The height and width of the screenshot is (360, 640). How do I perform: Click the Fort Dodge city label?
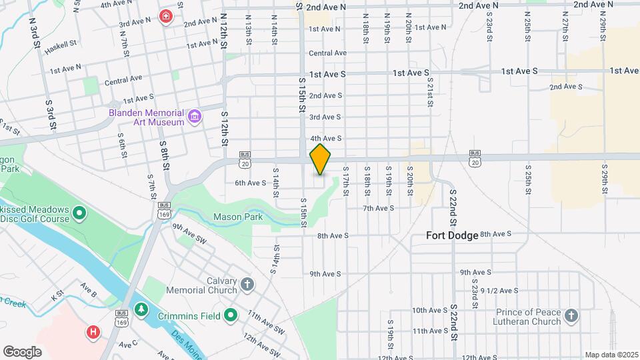[x=453, y=236]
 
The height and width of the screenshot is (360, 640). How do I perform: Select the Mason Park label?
[x=238, y=217]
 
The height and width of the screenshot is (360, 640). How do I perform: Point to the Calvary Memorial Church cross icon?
[x=247, y=285]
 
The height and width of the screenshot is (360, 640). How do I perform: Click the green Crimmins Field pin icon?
[x=231, y=315]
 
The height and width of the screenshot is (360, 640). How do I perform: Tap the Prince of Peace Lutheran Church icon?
[x=571, y=316]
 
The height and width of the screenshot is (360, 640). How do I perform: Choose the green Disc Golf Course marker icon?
[x=79, y=214]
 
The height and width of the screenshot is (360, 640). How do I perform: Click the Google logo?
[x=22, y=351]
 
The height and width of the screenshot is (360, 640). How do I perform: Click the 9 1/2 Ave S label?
[x=500, y=290]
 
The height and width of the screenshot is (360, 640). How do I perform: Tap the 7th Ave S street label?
[x=379, y=208]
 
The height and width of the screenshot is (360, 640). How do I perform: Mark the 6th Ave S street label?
[x=251, y=182]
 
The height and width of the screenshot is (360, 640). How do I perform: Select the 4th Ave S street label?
[x=325, y=138]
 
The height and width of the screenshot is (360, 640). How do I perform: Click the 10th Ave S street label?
[x=429, y=310]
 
